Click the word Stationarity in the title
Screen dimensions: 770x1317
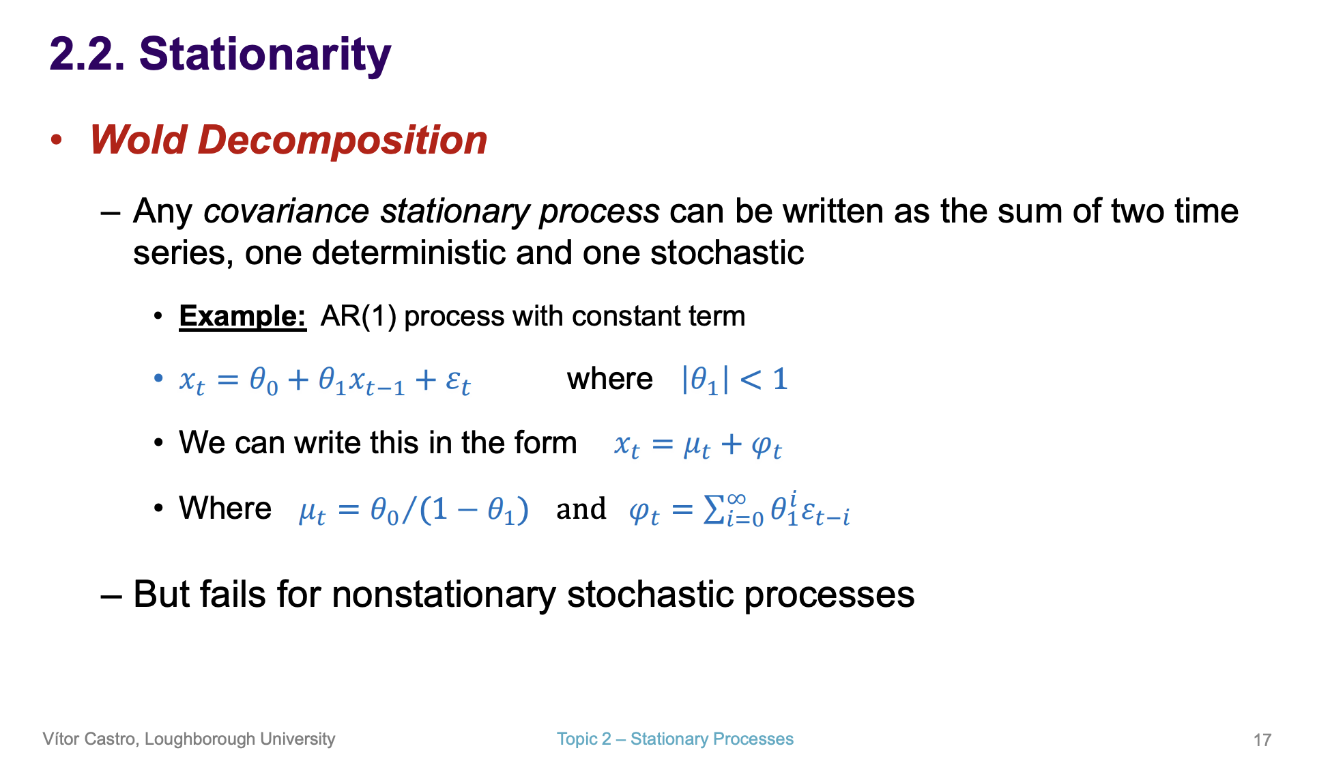[265, 55]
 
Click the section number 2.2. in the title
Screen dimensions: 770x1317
[87, 55]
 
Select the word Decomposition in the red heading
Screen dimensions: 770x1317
[342, 140]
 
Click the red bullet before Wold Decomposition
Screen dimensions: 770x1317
[57, 140]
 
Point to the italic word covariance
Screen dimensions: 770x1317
[286, 211]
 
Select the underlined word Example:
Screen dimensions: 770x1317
[242, 316]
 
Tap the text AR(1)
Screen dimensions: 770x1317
[358, 316]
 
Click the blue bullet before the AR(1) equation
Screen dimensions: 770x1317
[158, 378]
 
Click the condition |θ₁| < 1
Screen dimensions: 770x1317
[734, 380]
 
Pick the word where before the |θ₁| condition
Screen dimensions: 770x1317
[609, 379]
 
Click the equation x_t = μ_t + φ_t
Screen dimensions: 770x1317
[697, 445]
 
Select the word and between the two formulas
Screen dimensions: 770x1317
[581, 509]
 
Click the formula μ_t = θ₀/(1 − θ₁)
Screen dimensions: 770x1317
[414, 510]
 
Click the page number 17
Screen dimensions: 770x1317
[1262, 740]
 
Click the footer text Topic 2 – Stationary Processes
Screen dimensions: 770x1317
[675, 739]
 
